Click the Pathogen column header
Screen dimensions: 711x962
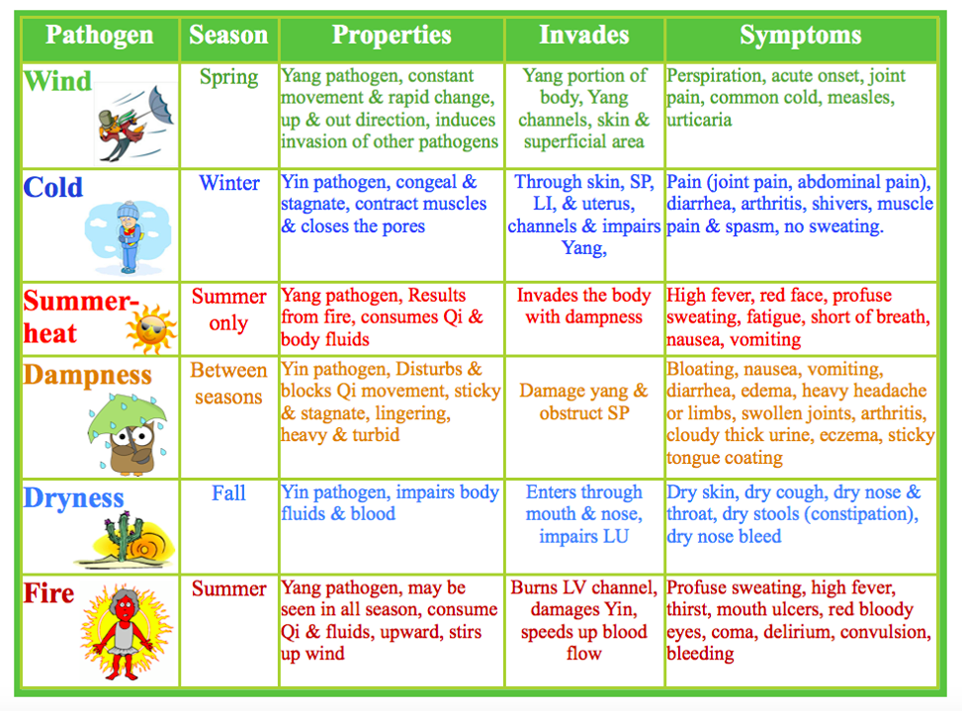(99, 37)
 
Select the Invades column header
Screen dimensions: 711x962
(583, 37)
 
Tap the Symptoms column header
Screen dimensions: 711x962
(800, 37)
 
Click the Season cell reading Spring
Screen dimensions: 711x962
(228, 77)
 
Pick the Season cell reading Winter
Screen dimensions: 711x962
(228, 183)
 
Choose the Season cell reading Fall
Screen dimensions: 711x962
(228, 492)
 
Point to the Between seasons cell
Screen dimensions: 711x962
(228, 384)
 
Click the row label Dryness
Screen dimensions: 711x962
(73, 498)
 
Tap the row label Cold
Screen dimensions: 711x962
(53, 188)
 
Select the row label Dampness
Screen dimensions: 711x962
(87, 376)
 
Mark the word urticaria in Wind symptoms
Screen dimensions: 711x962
(699, 120)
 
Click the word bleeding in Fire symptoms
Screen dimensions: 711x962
(700, 654)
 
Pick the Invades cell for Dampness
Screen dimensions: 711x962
(584, 401)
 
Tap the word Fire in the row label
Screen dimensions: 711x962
(48, 594)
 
